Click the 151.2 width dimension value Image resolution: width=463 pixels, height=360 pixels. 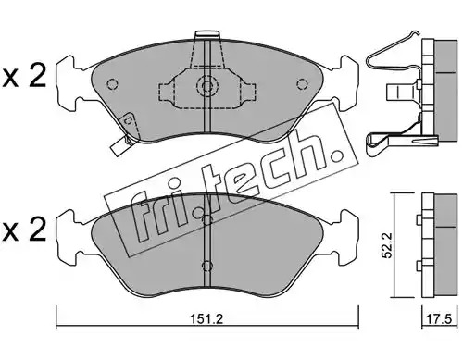pyautogui.click(x=206, y=318)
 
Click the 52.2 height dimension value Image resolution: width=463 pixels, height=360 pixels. pyautogui.click(x=387, y=245)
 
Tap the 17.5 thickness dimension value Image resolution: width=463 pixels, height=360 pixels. pyautogui.click(x=439, y=318)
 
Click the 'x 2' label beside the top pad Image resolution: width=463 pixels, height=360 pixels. pyautogui.click(x=24, y=75)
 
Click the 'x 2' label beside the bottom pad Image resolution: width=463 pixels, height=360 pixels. pyautogui.click(x=24, y=230)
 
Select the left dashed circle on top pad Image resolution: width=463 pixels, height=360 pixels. pyautogui.click(x=112, y=84)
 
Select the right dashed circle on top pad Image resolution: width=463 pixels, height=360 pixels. pyautogui.click(x=302, y=84)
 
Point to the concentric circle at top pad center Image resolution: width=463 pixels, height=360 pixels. pyautogui.click(x=206, y=84)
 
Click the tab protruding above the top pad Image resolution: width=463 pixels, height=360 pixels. pyautogui.click(x=207, y=34)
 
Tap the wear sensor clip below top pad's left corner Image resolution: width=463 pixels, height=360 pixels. pyautogui.click(x=120, y=146)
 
